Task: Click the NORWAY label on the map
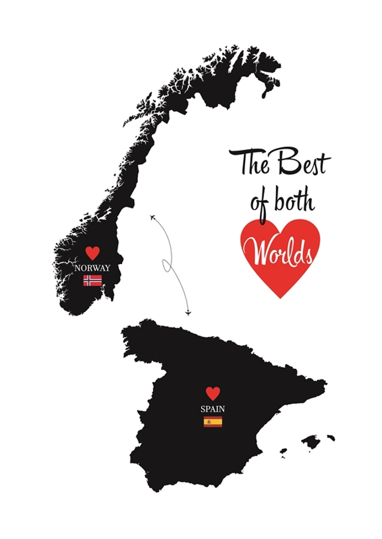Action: tap(92, 268)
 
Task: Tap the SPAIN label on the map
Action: tap(213, 409)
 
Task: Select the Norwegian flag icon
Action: tap(92, 280)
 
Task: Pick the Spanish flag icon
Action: tap(213, 422)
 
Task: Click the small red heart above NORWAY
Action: tap(92, 253)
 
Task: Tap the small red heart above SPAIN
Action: tap(213, 393)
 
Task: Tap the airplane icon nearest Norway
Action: tap(153, 216)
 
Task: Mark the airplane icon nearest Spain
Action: tap(188, 312)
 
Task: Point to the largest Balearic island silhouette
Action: tap(311, 442)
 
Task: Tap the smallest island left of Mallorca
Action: tap(283, 450)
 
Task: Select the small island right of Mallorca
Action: tap(331, 438)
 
